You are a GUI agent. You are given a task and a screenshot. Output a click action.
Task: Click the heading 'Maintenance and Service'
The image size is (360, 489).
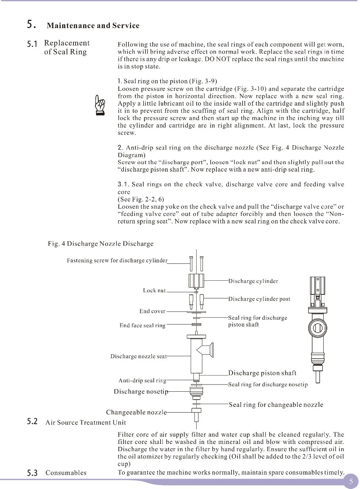(93, 26)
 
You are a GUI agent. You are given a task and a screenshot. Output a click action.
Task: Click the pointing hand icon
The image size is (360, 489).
(99, 105)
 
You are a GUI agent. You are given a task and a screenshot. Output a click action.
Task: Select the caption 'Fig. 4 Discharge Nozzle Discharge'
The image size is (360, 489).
(100, 244)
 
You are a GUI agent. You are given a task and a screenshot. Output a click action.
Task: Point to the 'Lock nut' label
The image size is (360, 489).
(154, 290)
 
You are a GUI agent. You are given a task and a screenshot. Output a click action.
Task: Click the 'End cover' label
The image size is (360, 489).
(152, 311)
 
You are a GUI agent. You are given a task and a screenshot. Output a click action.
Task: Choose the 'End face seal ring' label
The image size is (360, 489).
(142, 325)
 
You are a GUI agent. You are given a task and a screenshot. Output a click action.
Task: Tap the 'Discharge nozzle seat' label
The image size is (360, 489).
(138, 356)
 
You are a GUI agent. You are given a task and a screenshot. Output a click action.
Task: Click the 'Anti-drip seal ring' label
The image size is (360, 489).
(142, 381)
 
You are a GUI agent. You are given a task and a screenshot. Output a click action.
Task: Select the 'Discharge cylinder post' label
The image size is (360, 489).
(259, 299)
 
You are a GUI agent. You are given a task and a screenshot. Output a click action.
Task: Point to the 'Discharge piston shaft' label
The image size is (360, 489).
(262, 373)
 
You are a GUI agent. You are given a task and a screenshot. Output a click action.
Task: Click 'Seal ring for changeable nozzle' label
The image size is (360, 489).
(276, 405)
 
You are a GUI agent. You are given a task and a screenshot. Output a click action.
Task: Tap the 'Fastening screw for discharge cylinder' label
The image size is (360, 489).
(117, 261)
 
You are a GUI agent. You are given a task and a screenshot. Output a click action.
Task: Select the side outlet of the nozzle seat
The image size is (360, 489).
(206, 349)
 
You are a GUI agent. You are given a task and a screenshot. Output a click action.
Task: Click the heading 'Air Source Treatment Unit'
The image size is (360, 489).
(86, 422)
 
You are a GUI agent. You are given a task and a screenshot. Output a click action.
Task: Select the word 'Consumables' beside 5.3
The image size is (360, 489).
(66, 473)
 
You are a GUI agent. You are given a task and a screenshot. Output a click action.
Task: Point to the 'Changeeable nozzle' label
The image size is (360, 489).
(136, 412)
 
